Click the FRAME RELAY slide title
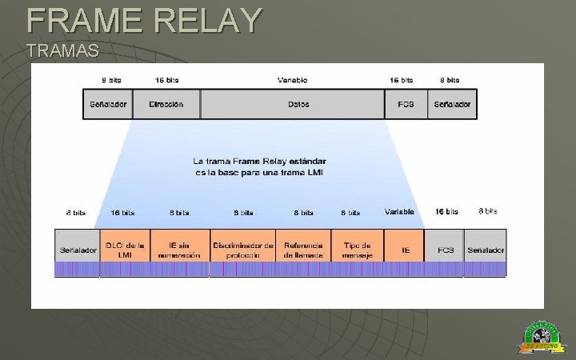[x=144, y=20]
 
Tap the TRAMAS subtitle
[x=62, y=51]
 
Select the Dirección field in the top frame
[x=166, y=104]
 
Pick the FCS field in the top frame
[x=406, y=104]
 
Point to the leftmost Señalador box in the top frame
[x=108, y=104]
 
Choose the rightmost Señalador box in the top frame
[x=453, y=104]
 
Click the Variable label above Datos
[x=292, y=80]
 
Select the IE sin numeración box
[x=178, y=250]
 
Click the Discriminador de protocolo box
[x=243, y=250]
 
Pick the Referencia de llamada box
[x=303, y=250]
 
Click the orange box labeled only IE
[x=406, y=250]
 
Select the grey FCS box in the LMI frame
[x=445, y=250]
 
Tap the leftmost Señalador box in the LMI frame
[x=78, y=250]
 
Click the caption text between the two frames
[x=259, y=166]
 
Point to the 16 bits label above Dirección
[x=166, y=80]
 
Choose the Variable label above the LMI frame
[x=399, y=212]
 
